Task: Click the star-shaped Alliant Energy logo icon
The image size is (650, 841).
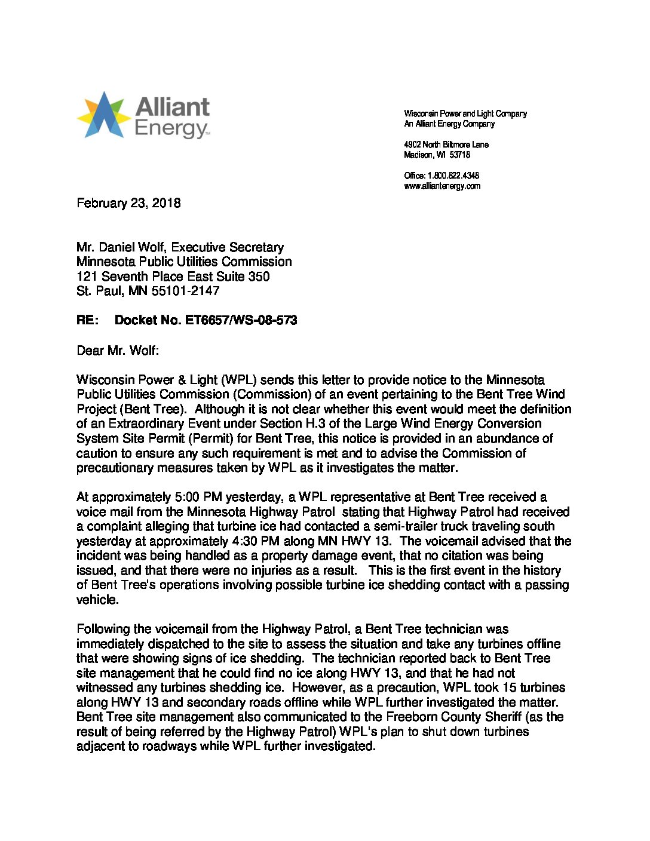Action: [104, 115]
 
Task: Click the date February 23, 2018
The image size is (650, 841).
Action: [128, 203]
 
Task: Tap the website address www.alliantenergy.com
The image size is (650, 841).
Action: [442, 186]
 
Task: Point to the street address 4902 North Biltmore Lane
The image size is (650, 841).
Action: [446, 145]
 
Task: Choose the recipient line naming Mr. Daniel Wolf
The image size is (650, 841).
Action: [180, 247]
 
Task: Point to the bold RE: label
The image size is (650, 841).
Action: [87, 320]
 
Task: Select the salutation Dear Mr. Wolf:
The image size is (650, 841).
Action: [118, 350]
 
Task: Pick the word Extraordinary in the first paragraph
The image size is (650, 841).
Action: [145, 423]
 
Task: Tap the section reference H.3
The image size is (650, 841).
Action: [327, 423]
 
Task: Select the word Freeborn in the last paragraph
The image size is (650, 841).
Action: [411, 717]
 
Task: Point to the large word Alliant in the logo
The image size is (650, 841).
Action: [173, 107]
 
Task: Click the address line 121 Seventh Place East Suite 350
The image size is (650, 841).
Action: [173, 277]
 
